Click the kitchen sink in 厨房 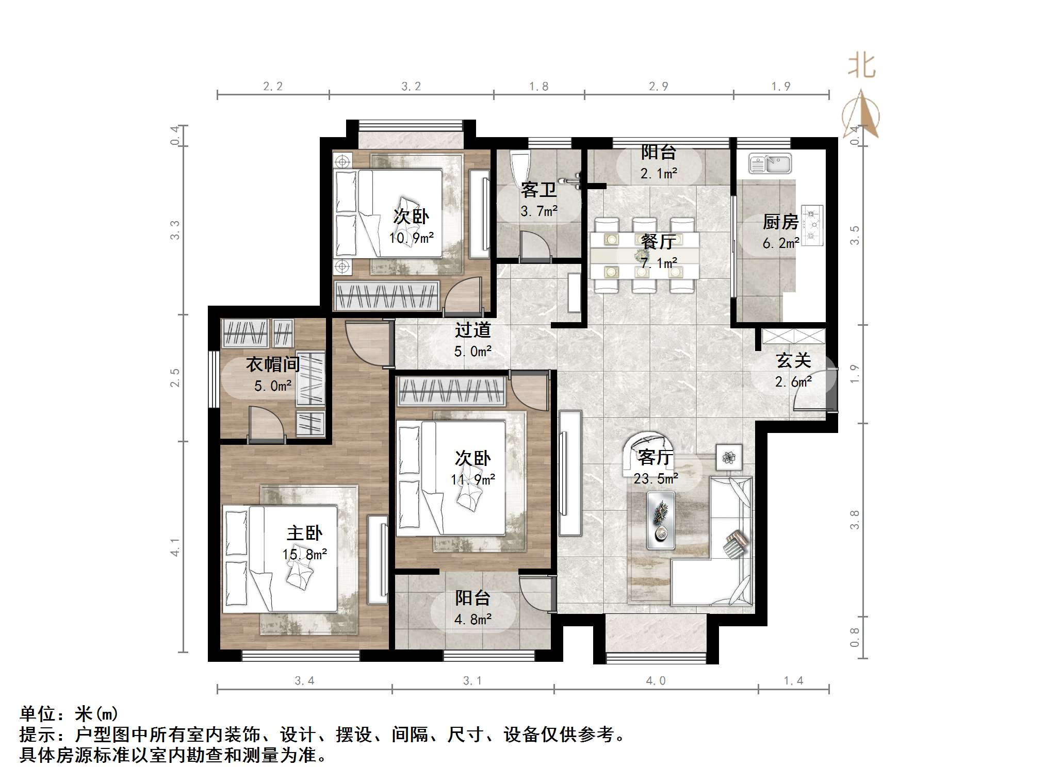(770, 164)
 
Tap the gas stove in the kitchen (812, 225)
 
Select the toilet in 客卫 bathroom (519, 166)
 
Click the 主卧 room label (304, 533)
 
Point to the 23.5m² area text (656, 479)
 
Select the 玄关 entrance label (793, 360)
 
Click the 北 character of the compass (861, 66)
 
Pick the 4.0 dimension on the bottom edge (656, 681)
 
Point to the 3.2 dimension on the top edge (411, 87)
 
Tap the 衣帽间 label (273, 364)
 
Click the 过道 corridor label (472, 330)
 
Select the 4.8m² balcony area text (472, 619)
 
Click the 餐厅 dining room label (659, 241)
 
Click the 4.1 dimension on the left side (175, 547)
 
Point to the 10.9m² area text (411, 238)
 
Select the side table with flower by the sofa (728, 457)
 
